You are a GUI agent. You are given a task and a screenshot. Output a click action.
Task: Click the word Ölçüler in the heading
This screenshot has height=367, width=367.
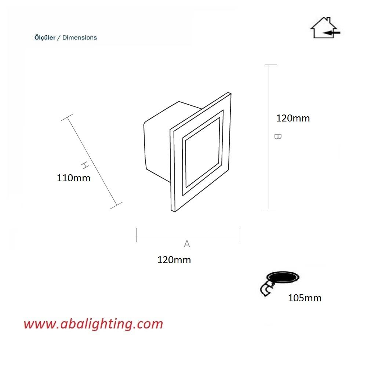(45, 38)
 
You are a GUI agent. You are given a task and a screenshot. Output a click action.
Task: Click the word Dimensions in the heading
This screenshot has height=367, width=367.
(80, 38)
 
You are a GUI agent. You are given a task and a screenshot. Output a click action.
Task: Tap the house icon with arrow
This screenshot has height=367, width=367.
(325, 28)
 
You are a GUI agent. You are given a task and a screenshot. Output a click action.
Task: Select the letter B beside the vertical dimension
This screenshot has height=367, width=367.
(277, 137)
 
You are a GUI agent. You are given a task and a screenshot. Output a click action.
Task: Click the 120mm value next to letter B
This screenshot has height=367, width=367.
(293, 118)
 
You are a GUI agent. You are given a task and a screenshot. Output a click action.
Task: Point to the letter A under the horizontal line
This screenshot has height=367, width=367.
(187, 244)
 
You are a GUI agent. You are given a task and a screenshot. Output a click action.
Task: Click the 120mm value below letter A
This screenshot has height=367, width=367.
(174, 260)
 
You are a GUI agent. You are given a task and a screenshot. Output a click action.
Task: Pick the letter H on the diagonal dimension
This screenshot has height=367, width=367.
(85, 165)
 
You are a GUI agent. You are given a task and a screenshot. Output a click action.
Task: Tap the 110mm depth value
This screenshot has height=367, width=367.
(73, 178)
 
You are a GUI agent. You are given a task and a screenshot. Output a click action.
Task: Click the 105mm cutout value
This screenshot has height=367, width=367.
(305, 298)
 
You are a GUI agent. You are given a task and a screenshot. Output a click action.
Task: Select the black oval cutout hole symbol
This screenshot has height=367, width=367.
(283, 278)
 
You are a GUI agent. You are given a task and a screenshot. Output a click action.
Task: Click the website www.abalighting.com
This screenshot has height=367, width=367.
(93, 324)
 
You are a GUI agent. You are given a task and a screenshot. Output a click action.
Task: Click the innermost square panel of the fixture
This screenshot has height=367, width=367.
(203, 152)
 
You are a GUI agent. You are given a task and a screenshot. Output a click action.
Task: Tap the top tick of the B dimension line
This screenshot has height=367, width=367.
(271, 65)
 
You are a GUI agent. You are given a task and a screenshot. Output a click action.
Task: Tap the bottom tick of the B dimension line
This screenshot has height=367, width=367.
(269, 209)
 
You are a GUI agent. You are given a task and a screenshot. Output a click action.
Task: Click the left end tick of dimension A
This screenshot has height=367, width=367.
(137, 235)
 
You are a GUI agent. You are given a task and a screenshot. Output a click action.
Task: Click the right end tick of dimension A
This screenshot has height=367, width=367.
(238, 235)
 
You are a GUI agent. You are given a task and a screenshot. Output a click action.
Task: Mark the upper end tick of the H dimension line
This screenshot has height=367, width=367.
(67, 117)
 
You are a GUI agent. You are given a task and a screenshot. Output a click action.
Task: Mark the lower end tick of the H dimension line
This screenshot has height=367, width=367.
(116, 205)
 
